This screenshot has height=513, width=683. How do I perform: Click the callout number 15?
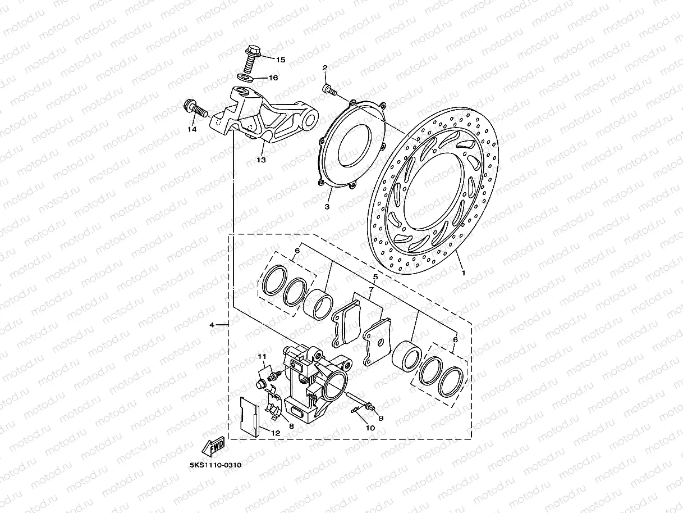(x=280, y=60)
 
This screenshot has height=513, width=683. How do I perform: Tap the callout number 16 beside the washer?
(x=273, y=78)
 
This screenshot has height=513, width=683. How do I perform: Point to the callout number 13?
(x=260, y=160)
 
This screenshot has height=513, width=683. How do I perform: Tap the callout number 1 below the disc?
(x=463, y=273)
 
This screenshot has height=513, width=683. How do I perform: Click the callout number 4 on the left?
(x=211, y=325)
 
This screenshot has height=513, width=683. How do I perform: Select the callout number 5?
(x=375, y=277)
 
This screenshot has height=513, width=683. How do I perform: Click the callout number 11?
(x=262, y=357)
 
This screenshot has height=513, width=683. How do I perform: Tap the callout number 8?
(x=291, y=425)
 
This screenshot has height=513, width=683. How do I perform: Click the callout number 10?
(x=370, y=428)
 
